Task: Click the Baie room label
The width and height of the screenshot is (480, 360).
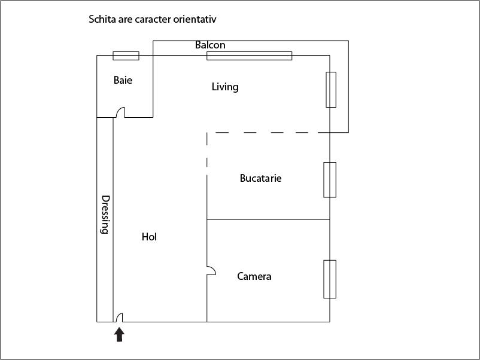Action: pyautogui.click(x=123, y=80)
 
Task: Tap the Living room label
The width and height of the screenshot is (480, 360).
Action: pyautogui.click(x=225, y=87)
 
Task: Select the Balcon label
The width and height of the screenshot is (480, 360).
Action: pyautogui.click(x=210, y=45)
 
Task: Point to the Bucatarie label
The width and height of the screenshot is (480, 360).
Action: pyautogui.click(x=260, y=178)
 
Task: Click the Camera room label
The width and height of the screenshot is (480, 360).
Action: pyautogui.click(x=254, y=276)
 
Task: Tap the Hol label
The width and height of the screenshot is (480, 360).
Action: pyautogui.click(x=149, y=237)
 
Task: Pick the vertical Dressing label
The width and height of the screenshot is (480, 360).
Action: pyautogui.click(x=105, y=214)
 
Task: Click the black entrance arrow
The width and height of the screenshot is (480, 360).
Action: pyautogui.click(x=120, y=334)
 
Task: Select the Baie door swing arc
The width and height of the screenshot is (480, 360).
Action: pyautogui.click(x=120, y=112)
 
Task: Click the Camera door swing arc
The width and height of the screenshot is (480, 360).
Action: pyautogui.click(x=211, y=270)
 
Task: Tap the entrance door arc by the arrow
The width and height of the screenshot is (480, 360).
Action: pyautogui.click(x=119, y=317)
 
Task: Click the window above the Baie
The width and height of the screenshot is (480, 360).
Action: pyautogui.click(x=126, y=56)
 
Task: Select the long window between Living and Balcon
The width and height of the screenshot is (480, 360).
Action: pyautogui.click(x=249, y=56)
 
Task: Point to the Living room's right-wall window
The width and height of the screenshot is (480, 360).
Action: pyautogui.click(x=331, y=90)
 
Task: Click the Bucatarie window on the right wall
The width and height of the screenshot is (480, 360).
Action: pyautogui.click(x=330, y=179)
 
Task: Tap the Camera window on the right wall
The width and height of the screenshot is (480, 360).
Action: pyautogui.click(x=330, y=279)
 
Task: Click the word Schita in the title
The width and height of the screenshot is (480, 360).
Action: pyautogui.click(x=102, y=20)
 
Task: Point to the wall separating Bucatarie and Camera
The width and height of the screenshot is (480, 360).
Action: pyautogui.click(x=268, y=220)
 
